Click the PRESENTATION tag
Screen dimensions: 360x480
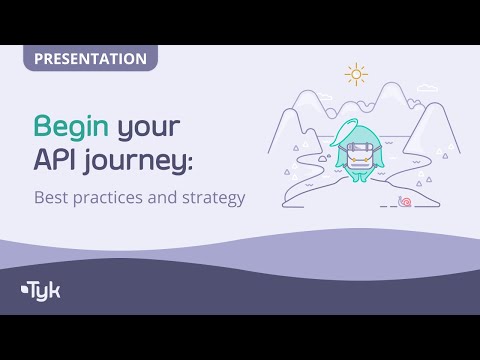click(91, 59)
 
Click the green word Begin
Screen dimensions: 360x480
click(72, 128)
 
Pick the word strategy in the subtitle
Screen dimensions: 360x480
click(212, 199)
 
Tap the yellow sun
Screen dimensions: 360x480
click(354, 75)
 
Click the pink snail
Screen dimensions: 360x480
click(404, 202)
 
